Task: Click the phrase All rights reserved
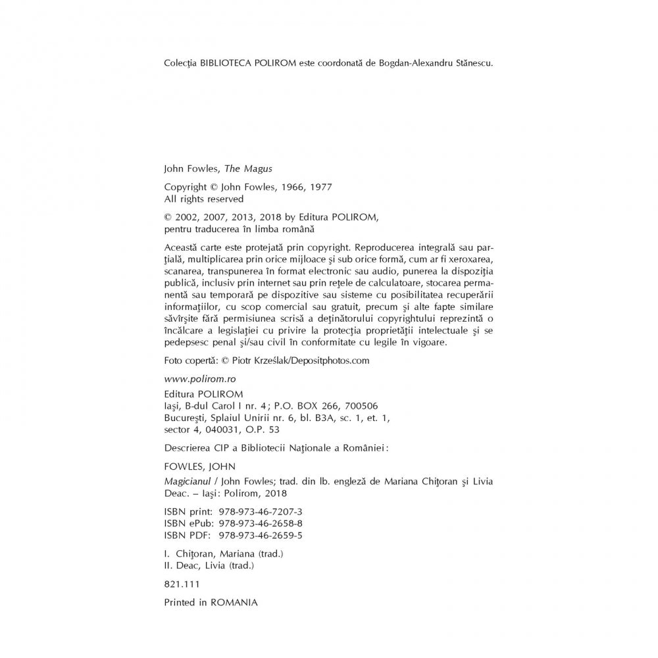203,199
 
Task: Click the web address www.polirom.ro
194,380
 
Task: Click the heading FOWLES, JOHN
194,468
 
